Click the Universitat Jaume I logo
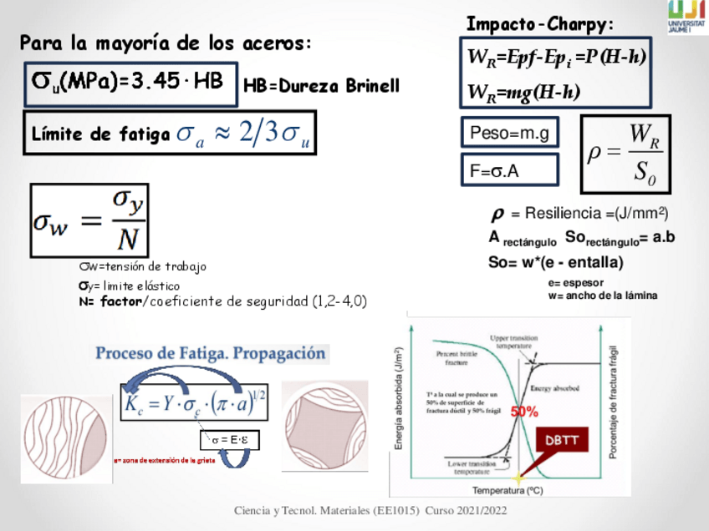click(x=687, y=17)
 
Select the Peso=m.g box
click(x=508, y=133)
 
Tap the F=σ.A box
click(x=508, y=170)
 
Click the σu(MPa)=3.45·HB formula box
click(x=131, y=83)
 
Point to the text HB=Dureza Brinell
click(x=321, y=86)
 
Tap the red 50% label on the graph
click(x=524, y=412)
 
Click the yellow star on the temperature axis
click(x=518, y=478)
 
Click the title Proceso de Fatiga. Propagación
click(x=210, y=353)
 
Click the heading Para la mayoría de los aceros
click(x=166, y=43)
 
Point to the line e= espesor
click(x=576, y=283)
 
